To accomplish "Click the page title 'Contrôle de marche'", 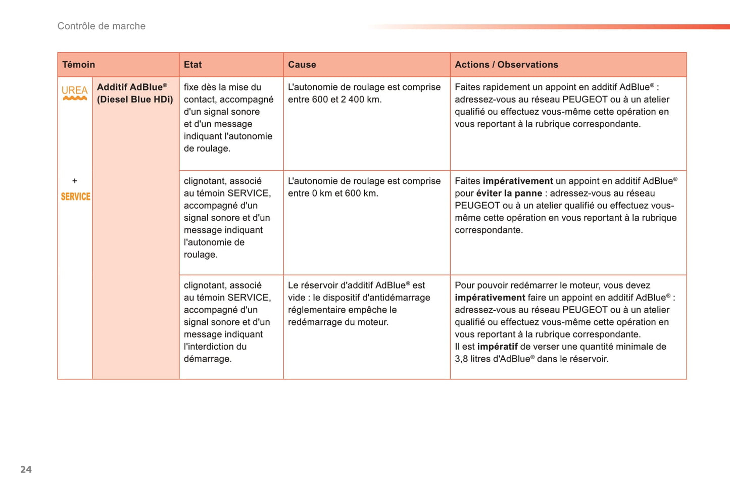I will [101, 26].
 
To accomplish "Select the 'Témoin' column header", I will [78, 65].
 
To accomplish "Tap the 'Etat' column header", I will [192, 65].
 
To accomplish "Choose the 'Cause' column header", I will [302, 65].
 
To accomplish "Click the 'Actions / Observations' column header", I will [506, 65].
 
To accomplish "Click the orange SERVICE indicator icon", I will [75, 197].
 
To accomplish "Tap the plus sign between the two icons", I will [75, 181].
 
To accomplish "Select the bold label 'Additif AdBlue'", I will [130, 87].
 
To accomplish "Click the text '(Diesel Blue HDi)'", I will [135, 100].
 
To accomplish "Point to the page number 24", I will [26, 469].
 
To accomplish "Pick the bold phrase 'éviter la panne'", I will [509, 193].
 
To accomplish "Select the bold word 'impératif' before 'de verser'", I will [497, 347].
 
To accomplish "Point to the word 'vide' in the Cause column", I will [296, 298].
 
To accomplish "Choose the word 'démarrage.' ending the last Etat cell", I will [207, 359].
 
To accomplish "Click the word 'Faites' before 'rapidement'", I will [467, 87].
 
